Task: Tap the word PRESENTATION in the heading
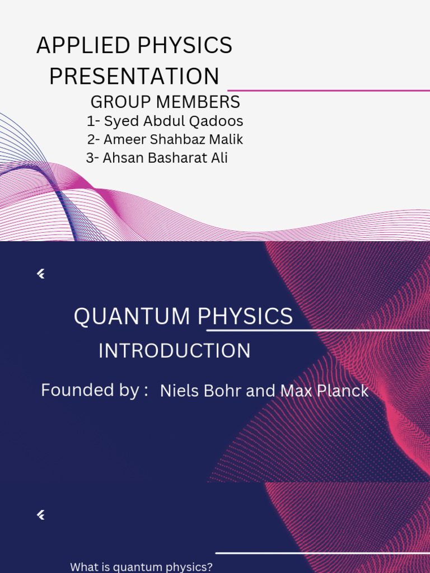(x=134, y=77)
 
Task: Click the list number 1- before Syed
(x=93, y=121)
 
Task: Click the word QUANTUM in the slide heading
(x=132, y=317)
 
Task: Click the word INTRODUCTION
(x=175, y=351)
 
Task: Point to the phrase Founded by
(x=90, y=390)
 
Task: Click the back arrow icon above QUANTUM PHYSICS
(x=40, y=274)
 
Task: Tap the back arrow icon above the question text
(x=40, y=515)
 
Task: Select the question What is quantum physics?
(x=141, y=567)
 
